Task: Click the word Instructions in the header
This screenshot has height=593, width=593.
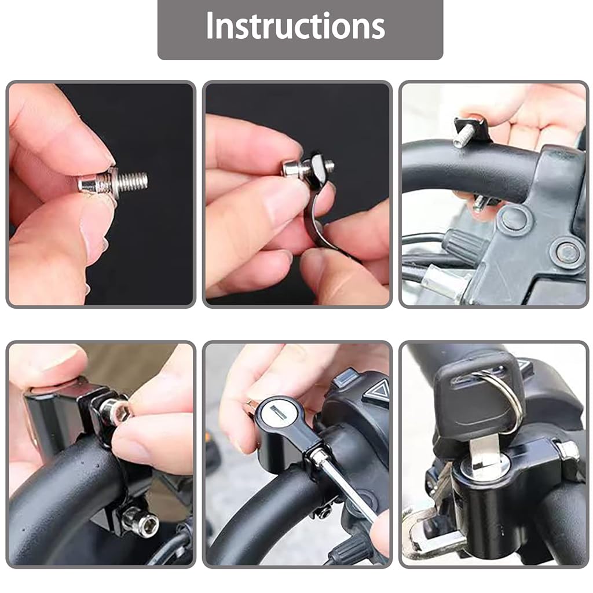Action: [x=295, y=26]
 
